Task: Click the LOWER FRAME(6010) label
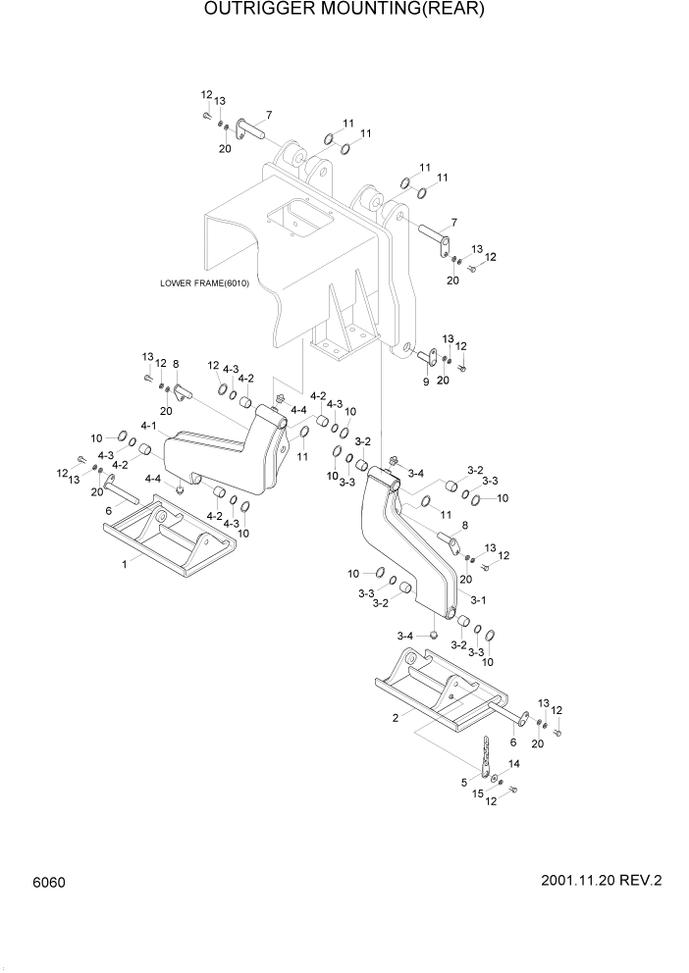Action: (x=205, y=283)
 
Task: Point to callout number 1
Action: (x=124, y=565)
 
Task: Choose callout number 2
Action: (x=395, y=717)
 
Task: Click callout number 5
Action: (x=465, y=782)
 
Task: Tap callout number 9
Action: (x=426, y=381)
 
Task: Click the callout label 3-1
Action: (x=478, y=599)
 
